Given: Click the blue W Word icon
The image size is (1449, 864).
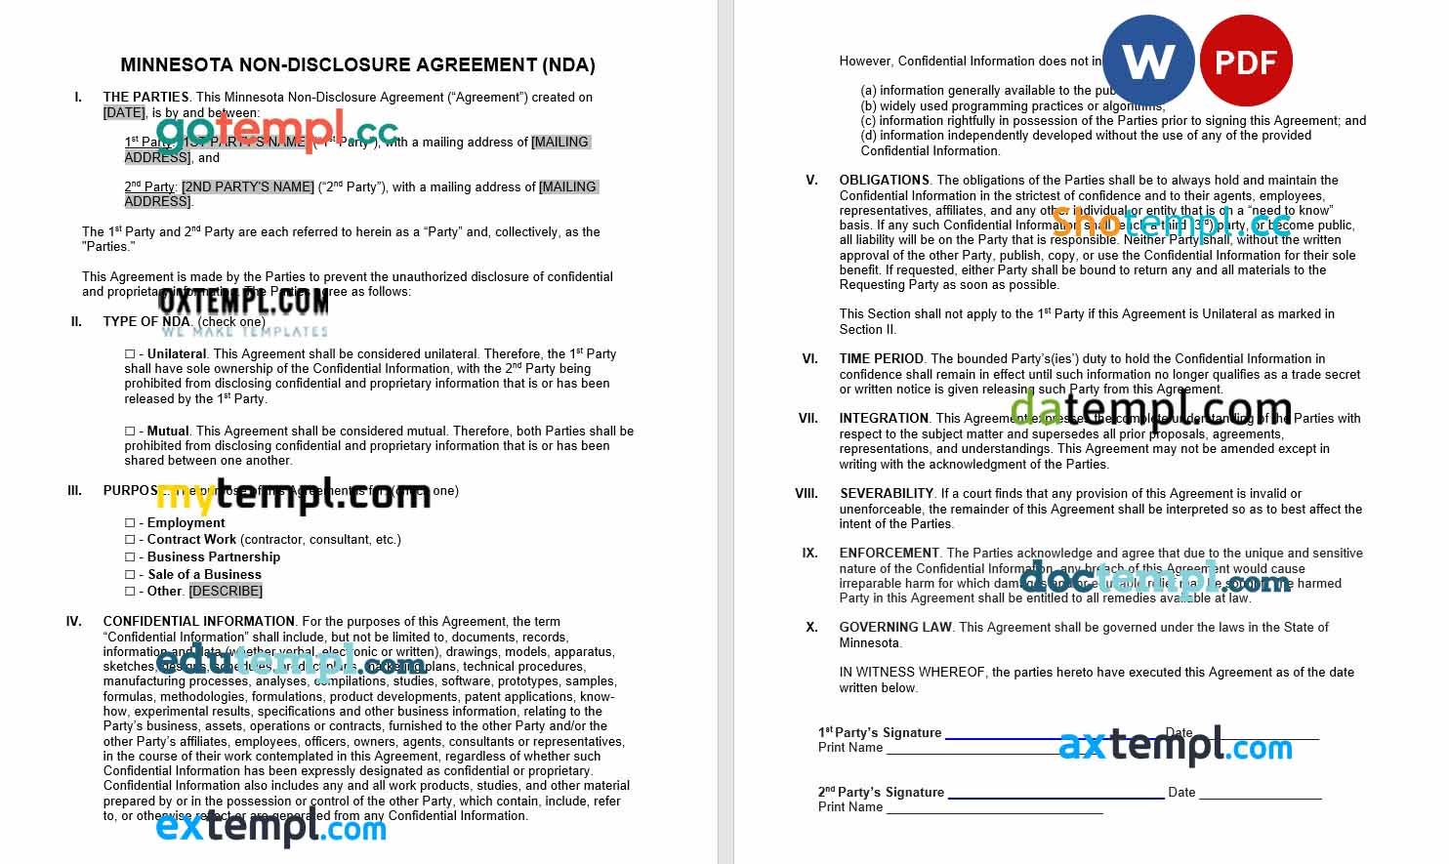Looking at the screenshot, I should click(x=1148, y=61).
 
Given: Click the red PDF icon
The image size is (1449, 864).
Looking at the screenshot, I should click(x=1246, y=61).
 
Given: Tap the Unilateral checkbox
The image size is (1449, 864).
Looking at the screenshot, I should click(x=130, y=354).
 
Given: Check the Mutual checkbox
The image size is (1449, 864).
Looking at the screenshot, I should click(x=130, y=432).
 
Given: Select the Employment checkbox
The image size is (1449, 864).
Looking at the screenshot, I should click(x=130, y=523).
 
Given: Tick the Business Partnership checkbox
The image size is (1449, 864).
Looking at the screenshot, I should click(x=130, y=557).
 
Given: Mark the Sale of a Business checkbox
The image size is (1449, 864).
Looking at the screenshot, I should click(x=130, y=575).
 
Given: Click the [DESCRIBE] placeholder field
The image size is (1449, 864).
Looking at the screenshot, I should click(x=226, y=591).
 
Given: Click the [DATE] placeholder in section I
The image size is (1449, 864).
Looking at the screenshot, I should click(x=124, y=112).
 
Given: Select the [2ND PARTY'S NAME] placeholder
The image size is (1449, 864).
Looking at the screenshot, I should click(x=248, y=186).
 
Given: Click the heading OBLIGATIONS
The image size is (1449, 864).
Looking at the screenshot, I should click(x=884, y=180).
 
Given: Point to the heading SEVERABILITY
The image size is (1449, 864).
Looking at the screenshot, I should click(x=887, y=494).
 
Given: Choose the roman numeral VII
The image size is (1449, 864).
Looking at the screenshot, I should click(x=807, y=419).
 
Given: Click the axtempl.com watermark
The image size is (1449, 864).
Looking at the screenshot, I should click(x=1175, y=747).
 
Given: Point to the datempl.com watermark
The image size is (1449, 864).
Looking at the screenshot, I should click(x=1150, y=409).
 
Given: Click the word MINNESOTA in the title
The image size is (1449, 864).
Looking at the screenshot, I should click(x=176, y=65).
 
